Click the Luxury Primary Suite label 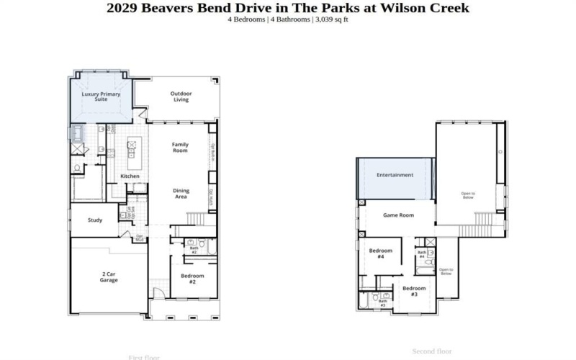[x=100, y=96]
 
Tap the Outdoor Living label [x=181, y=96]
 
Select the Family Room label [x=180, y=148]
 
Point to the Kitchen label [x=130, y=176]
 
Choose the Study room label [x=95, y=220]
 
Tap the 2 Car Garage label [x=109, y=277]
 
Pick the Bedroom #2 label [x=192, y=279]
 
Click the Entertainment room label [x=395, y=175]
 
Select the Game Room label [x=398, y=215]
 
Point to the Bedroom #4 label [x=381, y=253]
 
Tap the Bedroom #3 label [x=414, y=291]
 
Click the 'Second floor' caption [x=432, y=351]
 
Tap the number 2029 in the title [x=125, y=7]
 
